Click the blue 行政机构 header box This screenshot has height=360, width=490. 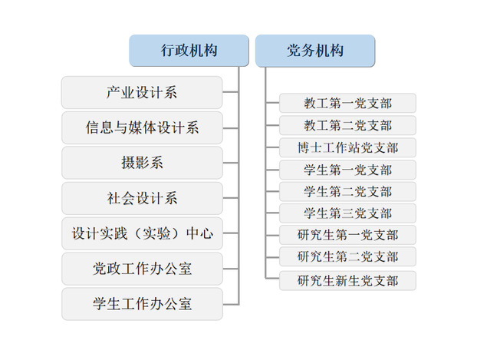189,51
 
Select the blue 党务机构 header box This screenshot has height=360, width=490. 315,51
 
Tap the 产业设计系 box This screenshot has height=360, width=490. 142,93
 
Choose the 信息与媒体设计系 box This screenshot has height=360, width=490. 142,128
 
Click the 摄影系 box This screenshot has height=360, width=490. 142,163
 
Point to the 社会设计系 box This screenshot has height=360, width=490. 142,198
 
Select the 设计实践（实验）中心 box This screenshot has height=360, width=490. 142,233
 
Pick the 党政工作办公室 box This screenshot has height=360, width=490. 142,269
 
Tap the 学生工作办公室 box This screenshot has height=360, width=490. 142,304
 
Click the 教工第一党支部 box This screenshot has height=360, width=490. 347,103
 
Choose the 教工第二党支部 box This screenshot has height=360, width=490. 347,125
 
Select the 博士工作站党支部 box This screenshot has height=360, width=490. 347,147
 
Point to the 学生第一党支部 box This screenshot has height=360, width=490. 347,170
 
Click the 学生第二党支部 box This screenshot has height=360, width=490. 347,191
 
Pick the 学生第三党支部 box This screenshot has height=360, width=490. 347,213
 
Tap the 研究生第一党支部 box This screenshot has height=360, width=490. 347,235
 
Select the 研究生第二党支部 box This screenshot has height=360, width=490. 347,257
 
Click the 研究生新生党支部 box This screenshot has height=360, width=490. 347,281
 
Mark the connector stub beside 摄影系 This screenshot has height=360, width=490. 231,163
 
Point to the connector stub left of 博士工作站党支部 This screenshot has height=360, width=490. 272,147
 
